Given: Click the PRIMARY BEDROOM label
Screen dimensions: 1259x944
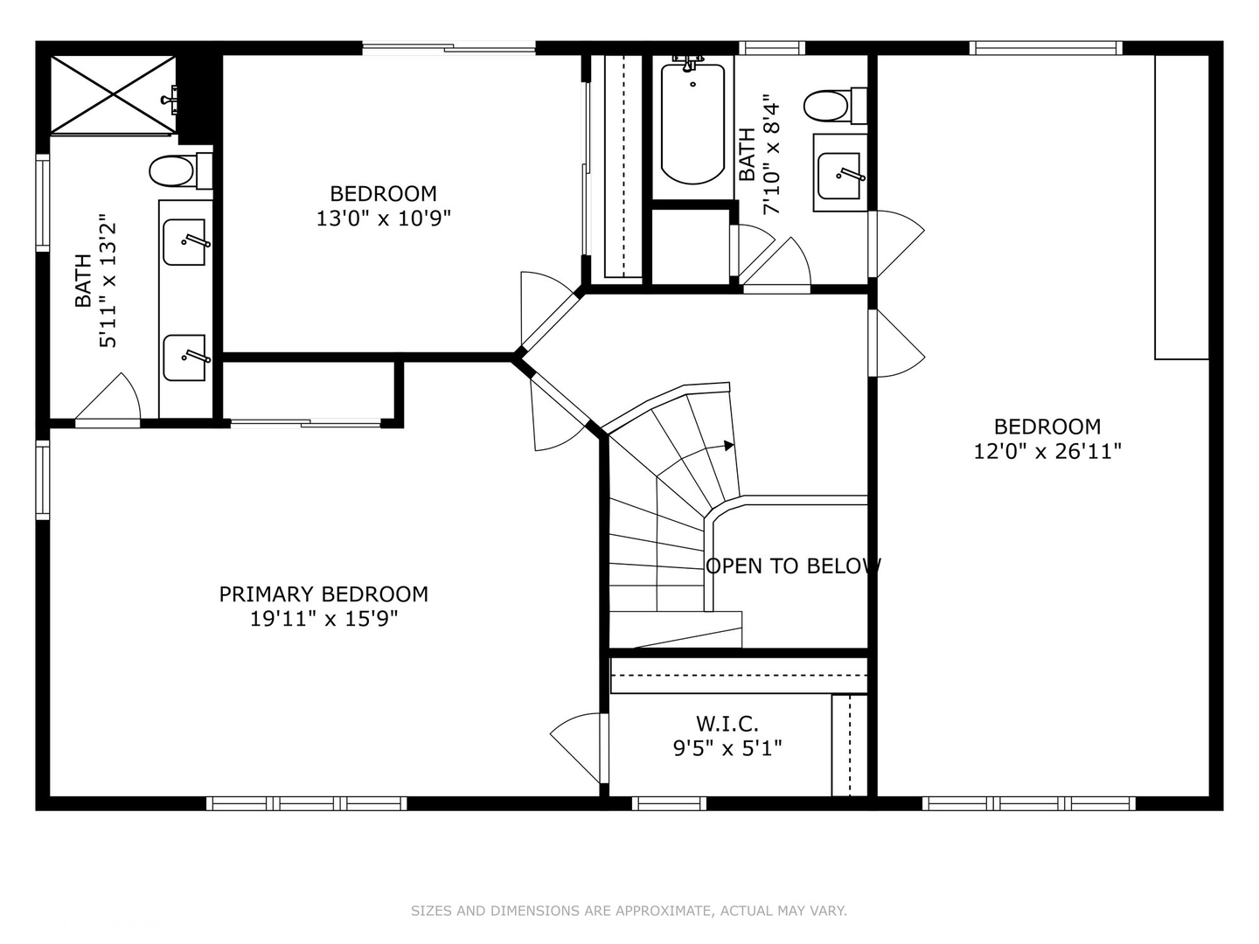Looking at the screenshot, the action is click(323, 594).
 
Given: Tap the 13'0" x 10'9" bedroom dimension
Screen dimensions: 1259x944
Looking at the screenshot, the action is click(384, 219).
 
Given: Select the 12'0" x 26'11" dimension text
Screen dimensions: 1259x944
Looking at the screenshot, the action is click(1047, 452).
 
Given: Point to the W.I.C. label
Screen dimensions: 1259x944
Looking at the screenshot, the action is click(727, 724).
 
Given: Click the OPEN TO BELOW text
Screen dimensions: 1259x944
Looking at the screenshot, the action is click(793, 566).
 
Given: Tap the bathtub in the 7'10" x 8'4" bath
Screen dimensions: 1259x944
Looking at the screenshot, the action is click(692, 124).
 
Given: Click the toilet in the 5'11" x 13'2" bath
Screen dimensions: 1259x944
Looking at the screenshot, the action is click(180, 170).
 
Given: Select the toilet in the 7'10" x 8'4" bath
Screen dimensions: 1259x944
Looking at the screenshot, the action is click(835, 106).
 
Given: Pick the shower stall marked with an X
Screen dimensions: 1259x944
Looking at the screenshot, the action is click(113, 95).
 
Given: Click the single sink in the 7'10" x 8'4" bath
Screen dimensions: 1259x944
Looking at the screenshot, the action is click(839, 175).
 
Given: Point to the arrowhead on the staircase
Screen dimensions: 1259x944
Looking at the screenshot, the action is click(729, 446).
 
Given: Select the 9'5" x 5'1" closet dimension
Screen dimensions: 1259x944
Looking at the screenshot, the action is click(727, 748).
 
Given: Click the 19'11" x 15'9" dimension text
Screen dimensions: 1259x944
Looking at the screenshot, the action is click(323, 619).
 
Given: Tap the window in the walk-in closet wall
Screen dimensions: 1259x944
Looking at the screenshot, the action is click(670, 804).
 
